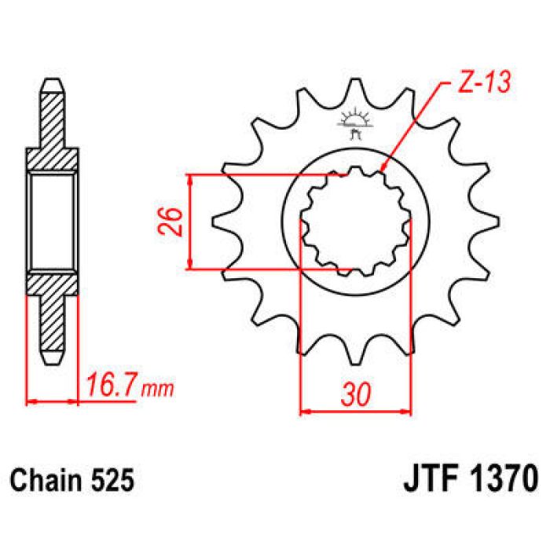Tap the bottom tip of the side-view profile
[53, 361]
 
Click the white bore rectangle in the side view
[53, 222]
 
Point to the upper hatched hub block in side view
[53, 160]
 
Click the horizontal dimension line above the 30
[356, 410]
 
